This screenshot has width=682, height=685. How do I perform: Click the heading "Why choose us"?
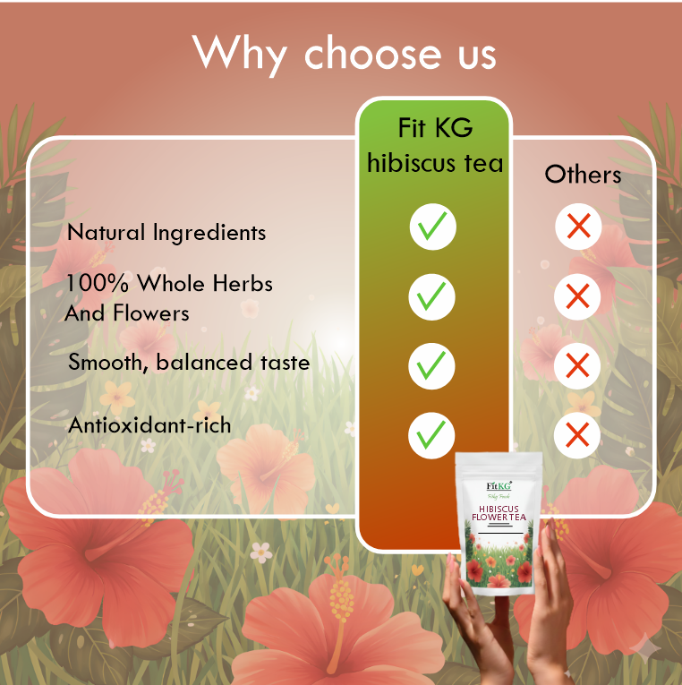point(345,54)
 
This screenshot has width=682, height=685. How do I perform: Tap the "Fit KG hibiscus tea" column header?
point(435,146)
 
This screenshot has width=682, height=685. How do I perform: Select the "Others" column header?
point(583,174)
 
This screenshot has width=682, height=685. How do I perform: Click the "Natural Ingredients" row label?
point(166,233)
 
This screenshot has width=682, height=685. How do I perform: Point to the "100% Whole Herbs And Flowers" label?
point(168,298)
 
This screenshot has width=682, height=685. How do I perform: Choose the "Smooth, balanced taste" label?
point(189,363)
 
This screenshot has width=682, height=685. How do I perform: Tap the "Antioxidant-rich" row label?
point(149,425)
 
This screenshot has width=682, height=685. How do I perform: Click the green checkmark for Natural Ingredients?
point(433,227)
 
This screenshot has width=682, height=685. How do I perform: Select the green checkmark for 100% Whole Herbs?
point(433,296)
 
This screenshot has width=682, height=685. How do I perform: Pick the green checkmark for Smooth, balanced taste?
point(433,365)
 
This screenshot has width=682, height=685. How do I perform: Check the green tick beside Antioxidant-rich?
point(433,434)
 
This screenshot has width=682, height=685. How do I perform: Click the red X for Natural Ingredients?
point(578,227)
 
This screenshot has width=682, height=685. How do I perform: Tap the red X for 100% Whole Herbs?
point(578,295)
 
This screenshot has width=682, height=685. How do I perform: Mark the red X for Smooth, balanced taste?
point(578,365)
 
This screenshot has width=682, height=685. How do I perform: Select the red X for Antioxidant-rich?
point(578,435)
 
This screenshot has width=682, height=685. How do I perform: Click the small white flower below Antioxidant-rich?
point(148,445)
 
